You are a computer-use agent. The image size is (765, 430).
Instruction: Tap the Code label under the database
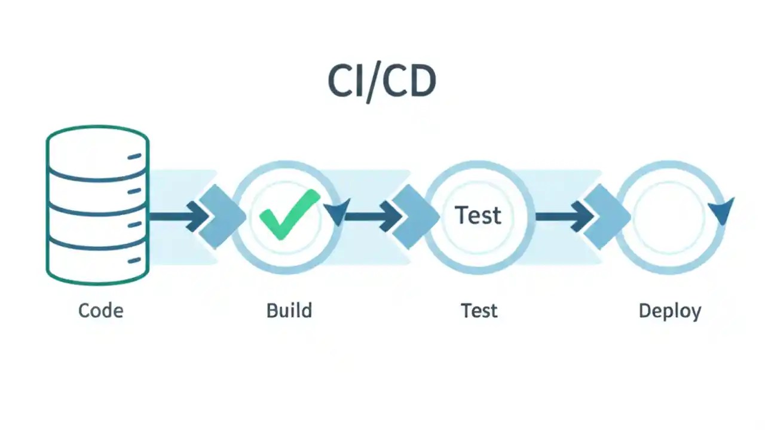[x=100, y=311]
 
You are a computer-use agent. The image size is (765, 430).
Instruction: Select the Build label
[x=289, y=311]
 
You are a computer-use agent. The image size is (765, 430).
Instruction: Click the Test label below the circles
[x=479, y=311]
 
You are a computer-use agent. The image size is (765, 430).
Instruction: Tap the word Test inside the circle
[x=478, y=215]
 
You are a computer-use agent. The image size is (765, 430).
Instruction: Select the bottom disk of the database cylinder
[x=97, y=263]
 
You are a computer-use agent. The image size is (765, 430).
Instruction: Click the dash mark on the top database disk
[x=134, y=157]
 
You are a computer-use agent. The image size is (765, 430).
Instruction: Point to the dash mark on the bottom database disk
[x=134, y=260]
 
